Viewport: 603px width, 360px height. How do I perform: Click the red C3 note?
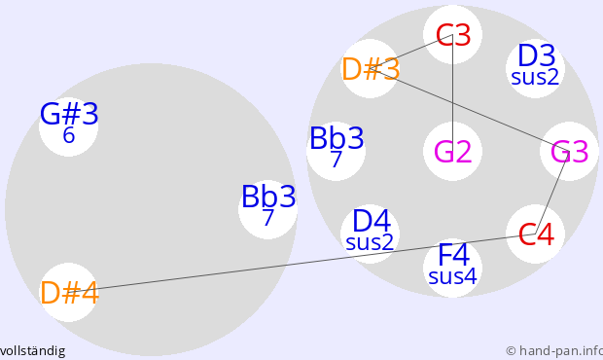click(x=453, y=35)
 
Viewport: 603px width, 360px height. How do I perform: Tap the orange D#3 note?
click(x=371, y=69)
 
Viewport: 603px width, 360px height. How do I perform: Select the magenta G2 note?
click(x=452, y=152)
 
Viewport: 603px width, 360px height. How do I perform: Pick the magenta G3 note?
click(x=570, y=152)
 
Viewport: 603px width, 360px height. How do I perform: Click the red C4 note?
click(x=536, y=234)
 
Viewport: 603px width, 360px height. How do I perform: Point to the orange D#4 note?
click(x=69, y=293)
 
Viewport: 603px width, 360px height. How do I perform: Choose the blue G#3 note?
click(x=69, y=114)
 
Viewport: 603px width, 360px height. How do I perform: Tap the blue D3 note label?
click(x=537, y=55)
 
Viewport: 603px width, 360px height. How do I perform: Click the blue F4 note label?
click(x=454, y=255)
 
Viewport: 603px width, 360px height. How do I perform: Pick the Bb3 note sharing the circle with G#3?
click(x=268, y=197)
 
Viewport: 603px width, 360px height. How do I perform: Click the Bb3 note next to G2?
click(x=337, y=138)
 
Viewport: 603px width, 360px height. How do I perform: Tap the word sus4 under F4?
click(x=452, y=276)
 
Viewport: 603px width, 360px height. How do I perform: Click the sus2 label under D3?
click(x=535, y=77)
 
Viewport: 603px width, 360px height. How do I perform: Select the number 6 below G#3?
click(x=68, y=135)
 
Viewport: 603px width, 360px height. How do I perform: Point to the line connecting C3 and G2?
click(x=452, y=93)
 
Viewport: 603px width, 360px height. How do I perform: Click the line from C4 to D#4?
click(x=301, y=264)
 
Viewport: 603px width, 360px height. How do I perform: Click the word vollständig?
click(x=33, y=351)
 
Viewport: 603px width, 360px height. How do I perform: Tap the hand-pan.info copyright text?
click(x=554, y=351)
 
